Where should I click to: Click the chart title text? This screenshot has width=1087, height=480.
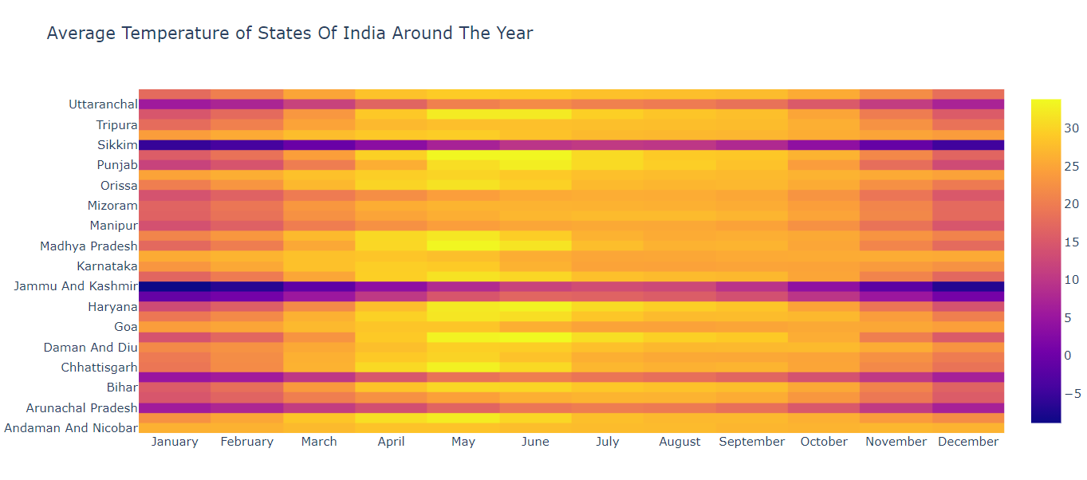coord(289,33)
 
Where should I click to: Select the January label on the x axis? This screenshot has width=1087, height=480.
coord(174,442)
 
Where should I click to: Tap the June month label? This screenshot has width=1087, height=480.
coord(535,442)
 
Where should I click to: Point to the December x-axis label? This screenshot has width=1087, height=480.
coord(967,442)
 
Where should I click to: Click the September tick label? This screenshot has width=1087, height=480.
coord(751,442)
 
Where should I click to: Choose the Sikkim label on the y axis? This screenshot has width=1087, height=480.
coord(116,145)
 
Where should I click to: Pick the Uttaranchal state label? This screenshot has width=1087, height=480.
coord(103,104)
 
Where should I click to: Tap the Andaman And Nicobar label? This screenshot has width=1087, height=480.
coord(71,427)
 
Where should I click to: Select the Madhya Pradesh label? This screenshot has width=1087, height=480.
coord(89,246)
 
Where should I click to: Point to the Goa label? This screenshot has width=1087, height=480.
coord(125,327)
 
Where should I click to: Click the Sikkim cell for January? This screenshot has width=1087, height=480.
coord(175,145)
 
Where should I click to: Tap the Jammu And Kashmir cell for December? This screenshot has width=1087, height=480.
coord(968,286)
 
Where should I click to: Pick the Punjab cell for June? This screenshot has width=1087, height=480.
coord(535,165)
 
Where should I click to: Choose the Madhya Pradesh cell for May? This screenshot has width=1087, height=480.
coord(463,246)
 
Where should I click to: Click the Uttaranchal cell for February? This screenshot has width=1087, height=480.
coord(246,104)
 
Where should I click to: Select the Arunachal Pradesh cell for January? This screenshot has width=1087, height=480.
coord(175,407)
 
